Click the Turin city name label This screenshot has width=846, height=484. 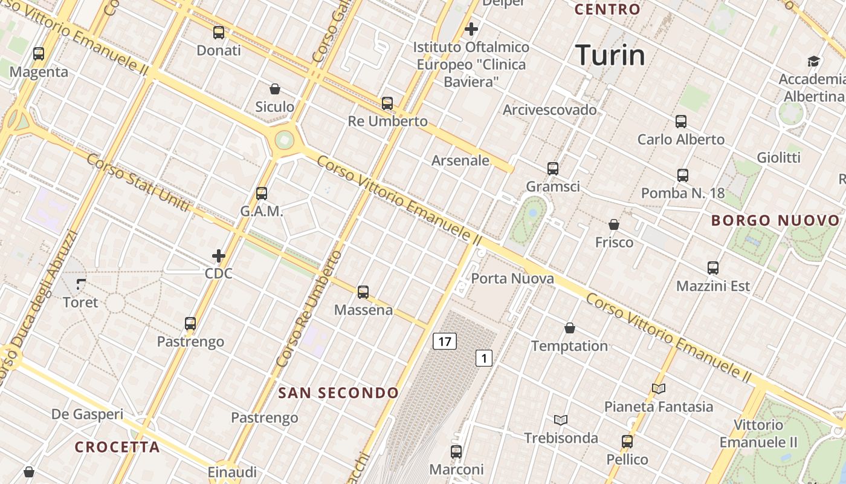click(610, 55)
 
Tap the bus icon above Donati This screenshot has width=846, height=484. click(219, 33)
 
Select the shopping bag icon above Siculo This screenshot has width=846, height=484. click(275, 89)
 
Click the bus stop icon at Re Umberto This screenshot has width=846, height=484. click(387, 103)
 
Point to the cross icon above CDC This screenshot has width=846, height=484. click(219, 256)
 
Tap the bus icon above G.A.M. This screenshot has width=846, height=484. click(262, 194)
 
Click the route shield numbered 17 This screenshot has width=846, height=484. click(444, 341)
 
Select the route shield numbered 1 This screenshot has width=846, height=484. click(483, 358)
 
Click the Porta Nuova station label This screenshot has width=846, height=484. click(512, 279)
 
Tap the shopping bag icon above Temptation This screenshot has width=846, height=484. click(569, 328)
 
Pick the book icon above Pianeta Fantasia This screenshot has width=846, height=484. click(659, 388)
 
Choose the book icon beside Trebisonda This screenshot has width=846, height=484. click(561, 420)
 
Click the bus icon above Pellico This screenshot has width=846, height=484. click(627, 442)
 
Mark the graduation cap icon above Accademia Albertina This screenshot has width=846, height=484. click(813, 61)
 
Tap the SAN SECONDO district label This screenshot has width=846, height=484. click(338, 393)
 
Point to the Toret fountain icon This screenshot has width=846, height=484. click(81, 284)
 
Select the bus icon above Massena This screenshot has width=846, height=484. click(363, 292)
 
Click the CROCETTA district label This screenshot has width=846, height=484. click(117, 447)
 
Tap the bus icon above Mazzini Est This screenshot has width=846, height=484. click(713, 268)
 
